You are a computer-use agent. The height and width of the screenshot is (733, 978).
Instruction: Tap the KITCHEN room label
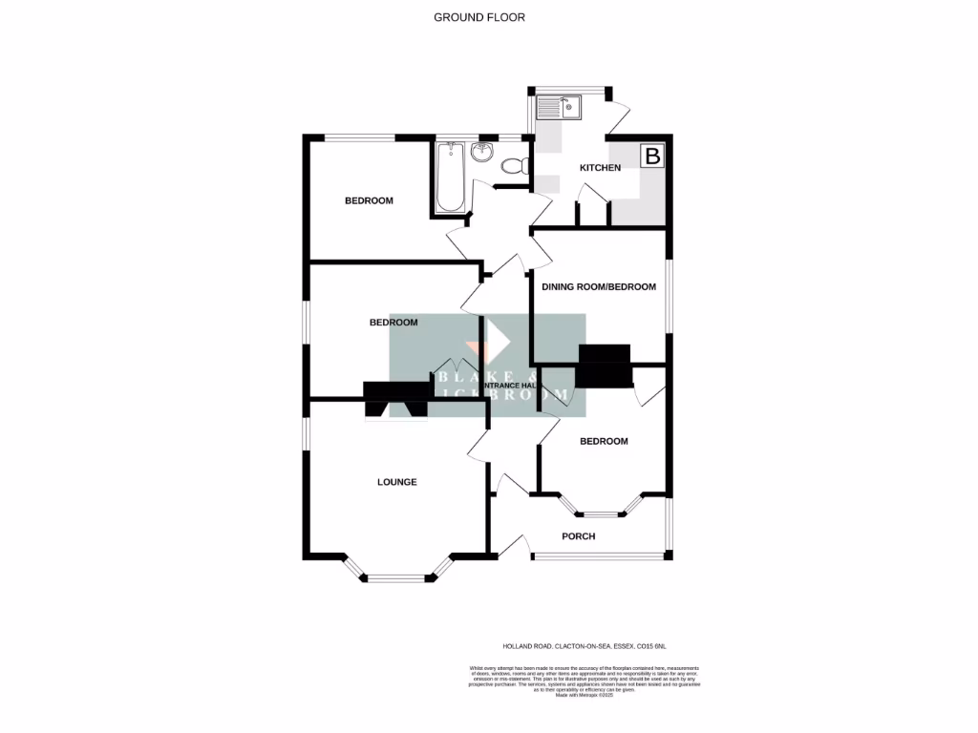(x=601, y=168)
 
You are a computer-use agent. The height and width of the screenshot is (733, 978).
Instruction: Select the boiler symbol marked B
(x=652, y=157)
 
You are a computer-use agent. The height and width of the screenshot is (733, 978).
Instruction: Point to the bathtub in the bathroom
(x=449, y=178)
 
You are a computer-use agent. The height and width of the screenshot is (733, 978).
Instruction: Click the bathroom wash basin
(x=480, y=153)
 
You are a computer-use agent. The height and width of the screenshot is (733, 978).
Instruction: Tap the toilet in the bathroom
(x=515, y=166)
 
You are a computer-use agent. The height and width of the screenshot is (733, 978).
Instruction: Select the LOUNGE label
(x=396, y=482)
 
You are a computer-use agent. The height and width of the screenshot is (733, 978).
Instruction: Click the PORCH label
(x=578, y=536)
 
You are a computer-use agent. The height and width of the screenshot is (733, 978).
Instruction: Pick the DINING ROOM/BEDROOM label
(x=599, y=287)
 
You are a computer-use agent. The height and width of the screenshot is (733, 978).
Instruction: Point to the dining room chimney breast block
(x=605, y=366)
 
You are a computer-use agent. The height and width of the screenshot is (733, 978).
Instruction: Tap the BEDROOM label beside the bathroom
(x=369, y=200)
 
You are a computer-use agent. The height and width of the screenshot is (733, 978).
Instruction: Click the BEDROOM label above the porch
(x=604, y=441)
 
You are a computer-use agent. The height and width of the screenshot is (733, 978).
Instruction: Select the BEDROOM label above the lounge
(x=393, y=323)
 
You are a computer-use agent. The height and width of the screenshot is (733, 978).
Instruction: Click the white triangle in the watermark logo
(x=498, y=339)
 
